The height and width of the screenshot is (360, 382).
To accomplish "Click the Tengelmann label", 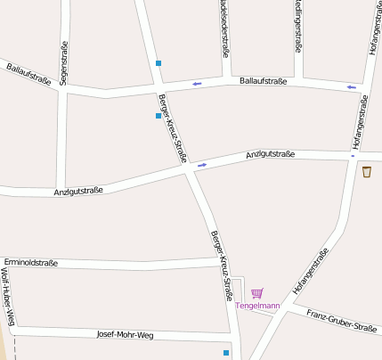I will (x=257, y=306).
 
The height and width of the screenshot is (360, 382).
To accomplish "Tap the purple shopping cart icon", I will (x=257, y=293).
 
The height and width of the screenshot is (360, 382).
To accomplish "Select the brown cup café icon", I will (x=367, y=171).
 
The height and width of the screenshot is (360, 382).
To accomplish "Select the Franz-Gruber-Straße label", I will (x=341, y=321).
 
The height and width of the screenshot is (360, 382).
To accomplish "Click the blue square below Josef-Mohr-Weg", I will (x=226, y=353).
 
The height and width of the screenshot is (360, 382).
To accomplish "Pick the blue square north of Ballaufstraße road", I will (x=158, y=63).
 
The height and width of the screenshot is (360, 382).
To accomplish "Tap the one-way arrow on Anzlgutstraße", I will (x=202, y=165).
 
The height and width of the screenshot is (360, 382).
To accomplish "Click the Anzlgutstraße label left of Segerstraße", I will (x=78, y=191).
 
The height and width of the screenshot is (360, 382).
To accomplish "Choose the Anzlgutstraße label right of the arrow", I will (x=270, y=155).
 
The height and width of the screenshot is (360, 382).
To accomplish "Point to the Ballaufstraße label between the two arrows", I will (x=263, y=82).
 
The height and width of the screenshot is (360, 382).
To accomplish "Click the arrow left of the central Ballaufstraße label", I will (x=197, y=85).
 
